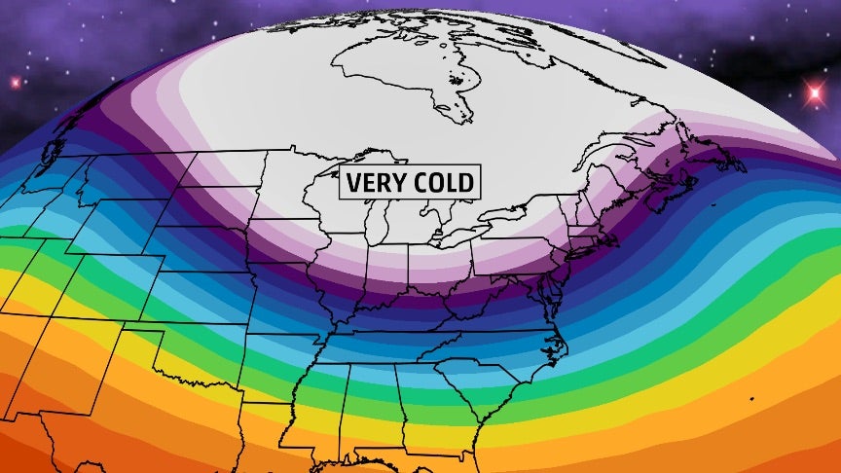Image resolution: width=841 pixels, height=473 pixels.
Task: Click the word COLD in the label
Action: (x=442, y=182)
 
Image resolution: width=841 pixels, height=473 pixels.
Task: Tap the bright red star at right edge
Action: (x=814, y=93)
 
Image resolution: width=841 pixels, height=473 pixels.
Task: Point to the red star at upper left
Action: (x=15, y=82)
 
